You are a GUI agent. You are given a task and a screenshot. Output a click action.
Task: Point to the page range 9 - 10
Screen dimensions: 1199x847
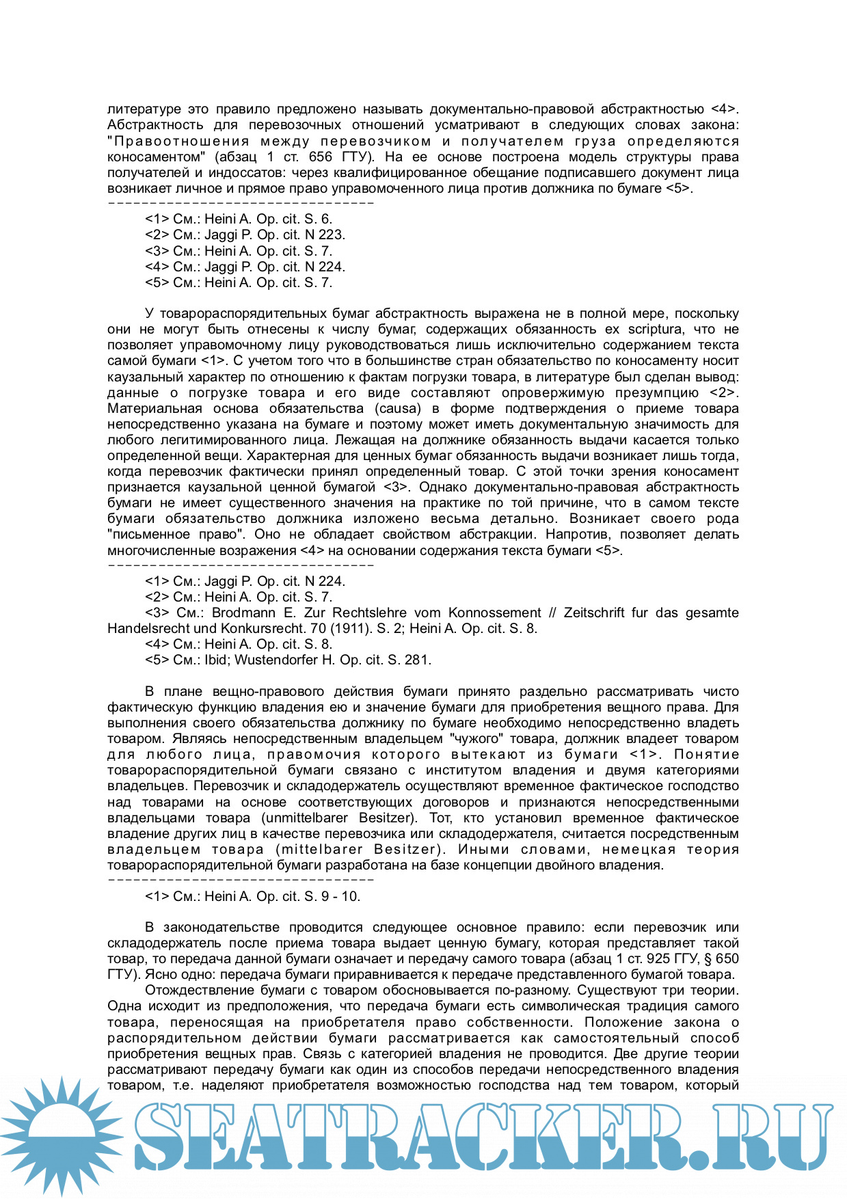tap(340, 896)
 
